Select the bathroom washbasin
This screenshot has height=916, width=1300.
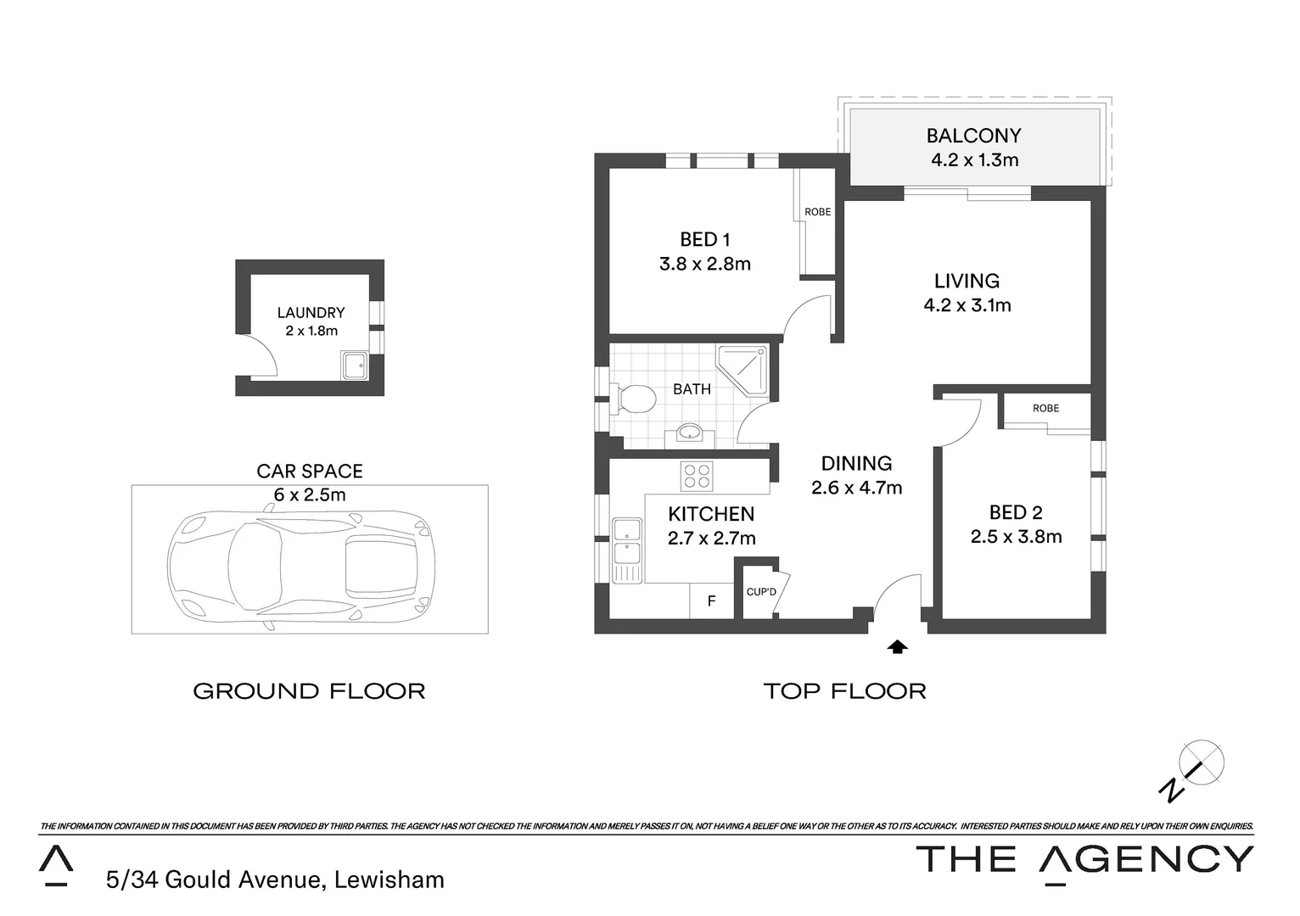689,433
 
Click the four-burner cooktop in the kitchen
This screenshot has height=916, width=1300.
697,476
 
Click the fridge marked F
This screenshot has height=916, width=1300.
711,601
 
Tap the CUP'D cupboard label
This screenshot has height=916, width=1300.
760,591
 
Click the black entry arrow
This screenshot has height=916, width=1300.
897,647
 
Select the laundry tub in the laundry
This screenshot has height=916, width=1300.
354,366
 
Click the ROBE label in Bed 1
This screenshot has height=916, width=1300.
818,212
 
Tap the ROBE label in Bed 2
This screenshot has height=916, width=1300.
1045,409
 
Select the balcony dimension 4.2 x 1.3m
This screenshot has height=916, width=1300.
974,160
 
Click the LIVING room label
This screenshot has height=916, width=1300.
967,281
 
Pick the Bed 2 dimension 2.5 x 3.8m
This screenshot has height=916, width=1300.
1016,537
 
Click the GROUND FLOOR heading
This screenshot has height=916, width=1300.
309,691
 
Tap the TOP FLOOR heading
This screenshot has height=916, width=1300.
844,691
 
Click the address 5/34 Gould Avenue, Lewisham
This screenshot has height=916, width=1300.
275,880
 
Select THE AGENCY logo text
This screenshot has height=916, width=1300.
1084,859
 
